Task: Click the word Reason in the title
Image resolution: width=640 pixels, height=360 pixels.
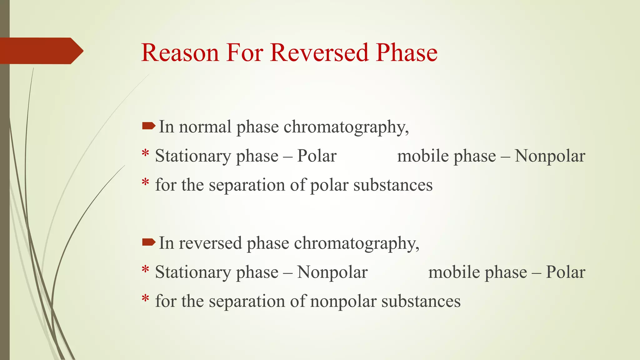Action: coord(180,52)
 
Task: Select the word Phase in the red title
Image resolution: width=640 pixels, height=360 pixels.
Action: coord(407,52)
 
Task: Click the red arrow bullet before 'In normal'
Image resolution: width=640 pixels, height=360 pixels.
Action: coord(148,126)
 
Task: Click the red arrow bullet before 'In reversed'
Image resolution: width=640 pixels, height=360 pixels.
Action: coord(148,242)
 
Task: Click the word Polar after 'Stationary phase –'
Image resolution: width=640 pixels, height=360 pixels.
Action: coord(317,156)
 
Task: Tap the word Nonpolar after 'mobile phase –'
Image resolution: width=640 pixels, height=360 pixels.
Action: coord(550,156)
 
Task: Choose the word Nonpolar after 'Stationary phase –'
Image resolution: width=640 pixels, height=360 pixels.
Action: coord(332,272)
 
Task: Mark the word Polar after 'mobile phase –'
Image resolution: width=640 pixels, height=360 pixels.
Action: coord(565,272)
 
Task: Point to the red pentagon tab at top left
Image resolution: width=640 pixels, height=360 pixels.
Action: coord(41,51)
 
